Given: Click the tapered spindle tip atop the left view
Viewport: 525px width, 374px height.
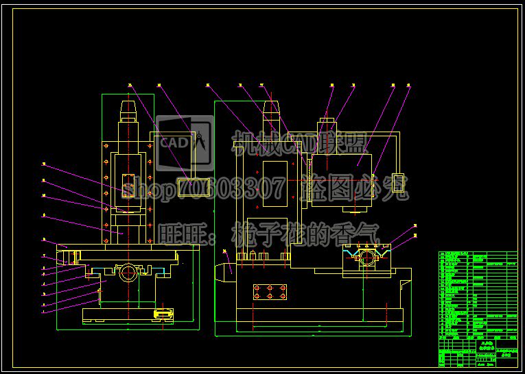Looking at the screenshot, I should click(x=128, y=109).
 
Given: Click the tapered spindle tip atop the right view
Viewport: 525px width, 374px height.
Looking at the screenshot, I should click(x=271, y=109).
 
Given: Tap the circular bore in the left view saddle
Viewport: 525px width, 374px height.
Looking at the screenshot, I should click(x=128, y=273).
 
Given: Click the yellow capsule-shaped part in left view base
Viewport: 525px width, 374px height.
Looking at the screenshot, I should click(x=163, y=314).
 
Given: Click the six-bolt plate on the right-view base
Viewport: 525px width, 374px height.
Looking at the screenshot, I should click(x=269, y=292).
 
